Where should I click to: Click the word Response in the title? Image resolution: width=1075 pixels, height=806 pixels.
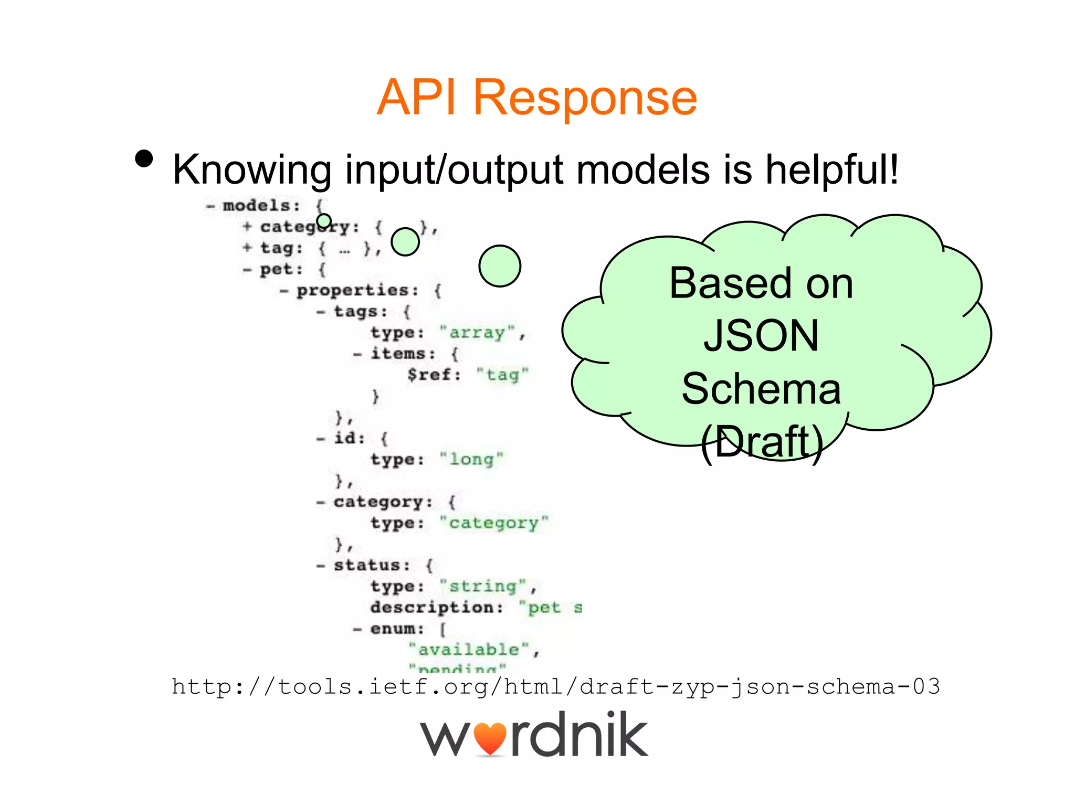click(x=585, y=98)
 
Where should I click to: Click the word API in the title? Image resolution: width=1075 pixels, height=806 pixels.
click(x=416, y=98)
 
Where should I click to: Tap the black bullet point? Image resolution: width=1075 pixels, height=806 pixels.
click(x=144, y=158)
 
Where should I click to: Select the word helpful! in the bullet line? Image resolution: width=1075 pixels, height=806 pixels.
click(x=832, y=169)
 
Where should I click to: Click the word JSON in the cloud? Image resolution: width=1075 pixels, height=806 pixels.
click(x=761, y=336)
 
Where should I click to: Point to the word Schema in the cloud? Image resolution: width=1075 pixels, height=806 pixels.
click(x=761, y=389)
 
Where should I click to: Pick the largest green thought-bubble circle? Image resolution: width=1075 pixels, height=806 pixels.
click(x=500, y=266)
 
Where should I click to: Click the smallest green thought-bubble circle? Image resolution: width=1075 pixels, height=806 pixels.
click(x=324, y=221)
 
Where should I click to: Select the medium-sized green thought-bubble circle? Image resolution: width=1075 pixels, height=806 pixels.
click(x=405, y=242)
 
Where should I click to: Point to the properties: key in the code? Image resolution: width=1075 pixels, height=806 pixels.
click(x=357, y=290)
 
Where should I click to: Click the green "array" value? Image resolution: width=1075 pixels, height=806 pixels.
click(x=477, y=333)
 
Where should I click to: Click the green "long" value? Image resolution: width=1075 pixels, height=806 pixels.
click(x=471, y=460)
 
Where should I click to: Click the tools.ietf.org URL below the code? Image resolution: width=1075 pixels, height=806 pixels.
click(x=555, y=687)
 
